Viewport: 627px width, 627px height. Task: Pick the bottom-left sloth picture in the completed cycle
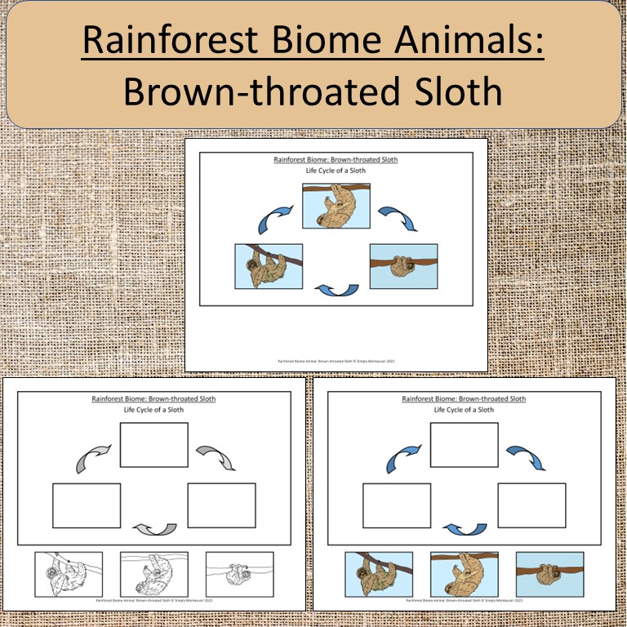(x=269, y=266)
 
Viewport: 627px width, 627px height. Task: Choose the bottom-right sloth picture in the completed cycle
(x=403, y=266)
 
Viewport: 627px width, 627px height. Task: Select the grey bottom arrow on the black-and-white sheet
(x=155, y=529)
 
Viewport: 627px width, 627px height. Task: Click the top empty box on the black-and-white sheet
(x=154, y=445)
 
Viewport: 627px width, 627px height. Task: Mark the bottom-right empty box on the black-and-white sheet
(x=221, y=505)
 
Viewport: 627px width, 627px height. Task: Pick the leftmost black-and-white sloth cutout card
(x=69, y=575)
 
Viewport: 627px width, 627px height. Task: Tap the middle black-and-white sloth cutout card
(x=154, y=575)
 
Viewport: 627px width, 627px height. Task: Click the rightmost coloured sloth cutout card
(x=549, y=575)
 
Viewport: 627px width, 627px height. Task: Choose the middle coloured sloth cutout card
(x=465, y=575)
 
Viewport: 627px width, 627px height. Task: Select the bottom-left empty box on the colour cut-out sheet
(x=397, y=505)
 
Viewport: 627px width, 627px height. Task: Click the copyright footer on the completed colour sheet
(x=336, y=359)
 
